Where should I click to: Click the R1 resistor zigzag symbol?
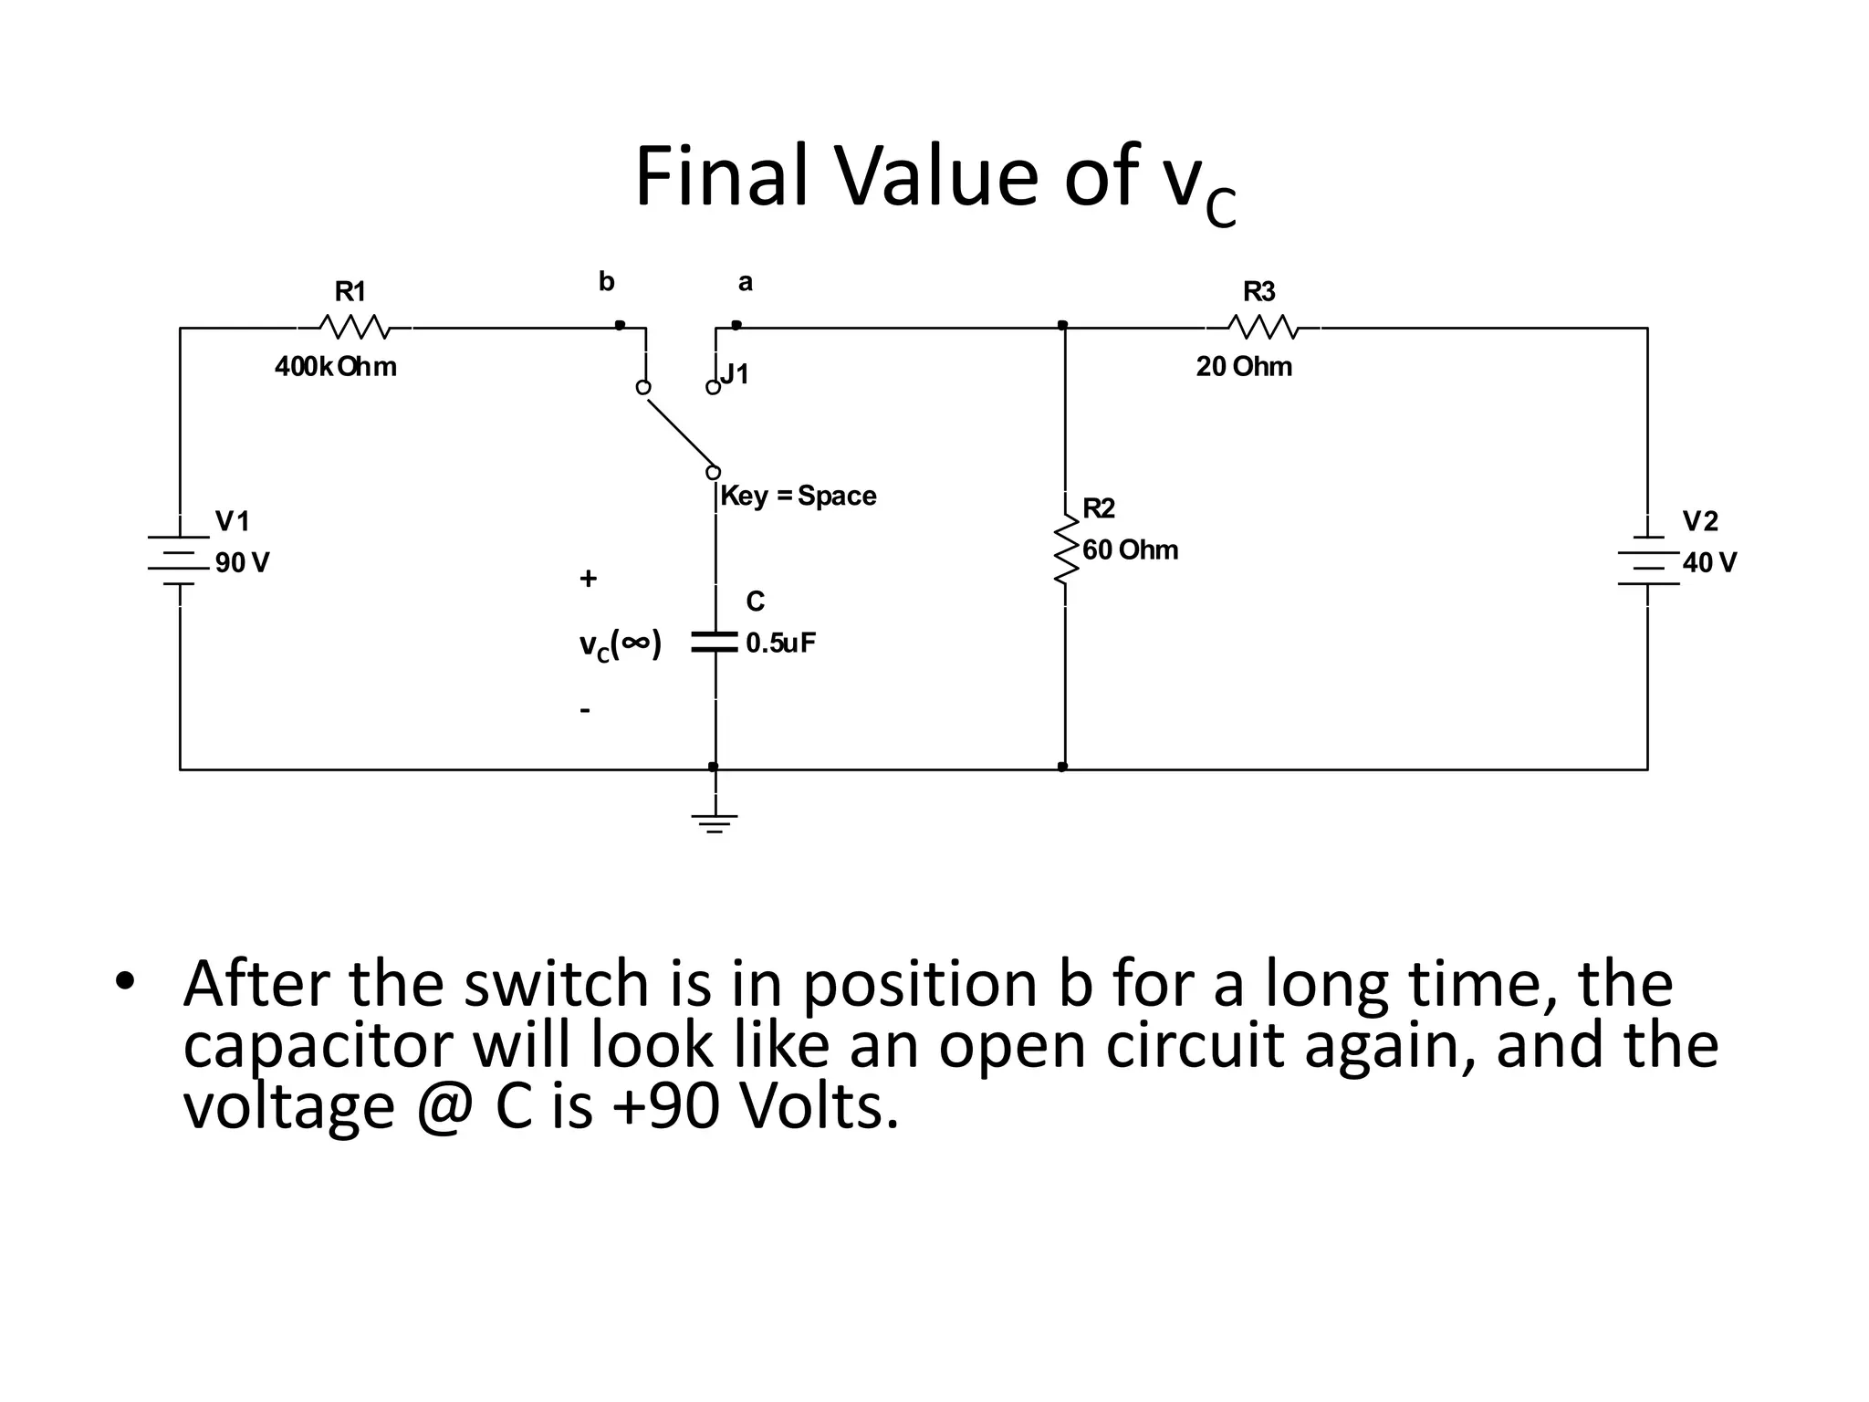click(354, 327)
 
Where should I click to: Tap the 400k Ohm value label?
click(336, 367)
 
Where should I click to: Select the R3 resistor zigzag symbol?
click(1262, 327)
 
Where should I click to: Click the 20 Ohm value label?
click(1244, 367)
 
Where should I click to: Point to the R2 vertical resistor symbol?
click(1065, 549)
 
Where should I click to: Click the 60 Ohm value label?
click(1130, 550)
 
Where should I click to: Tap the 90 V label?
click(242, 563)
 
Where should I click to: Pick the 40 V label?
click(1709, 563)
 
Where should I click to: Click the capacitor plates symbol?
click(715, 642)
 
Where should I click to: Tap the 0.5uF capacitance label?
click(780, 643)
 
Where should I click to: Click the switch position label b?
click(607, 281)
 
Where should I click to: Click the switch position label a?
click(746, 282)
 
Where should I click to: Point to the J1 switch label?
click(735, 373)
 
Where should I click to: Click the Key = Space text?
click(798, 497)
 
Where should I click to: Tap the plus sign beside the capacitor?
click(589, 578)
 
